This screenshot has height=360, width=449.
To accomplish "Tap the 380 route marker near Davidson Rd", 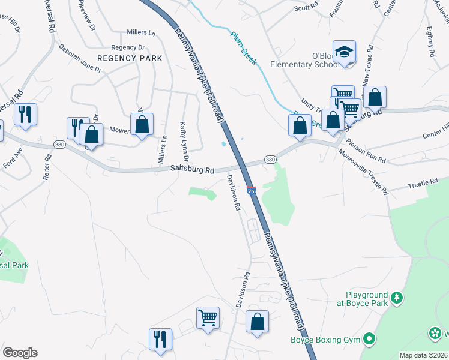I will (x=270, y=160).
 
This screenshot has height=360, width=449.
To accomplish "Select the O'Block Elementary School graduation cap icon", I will (x=345, y=53).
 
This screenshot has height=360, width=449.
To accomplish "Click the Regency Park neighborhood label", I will (x=130, y=58).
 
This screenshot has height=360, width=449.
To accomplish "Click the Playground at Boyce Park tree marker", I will (x=396, y=297).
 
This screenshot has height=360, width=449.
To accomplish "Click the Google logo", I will (x=20, y=352).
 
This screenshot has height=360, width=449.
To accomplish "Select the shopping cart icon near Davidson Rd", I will (x=208, y=317).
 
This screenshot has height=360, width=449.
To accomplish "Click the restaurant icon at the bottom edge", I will (x=160, y=339).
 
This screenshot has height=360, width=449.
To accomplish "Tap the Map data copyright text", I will (x=423, y=355).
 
